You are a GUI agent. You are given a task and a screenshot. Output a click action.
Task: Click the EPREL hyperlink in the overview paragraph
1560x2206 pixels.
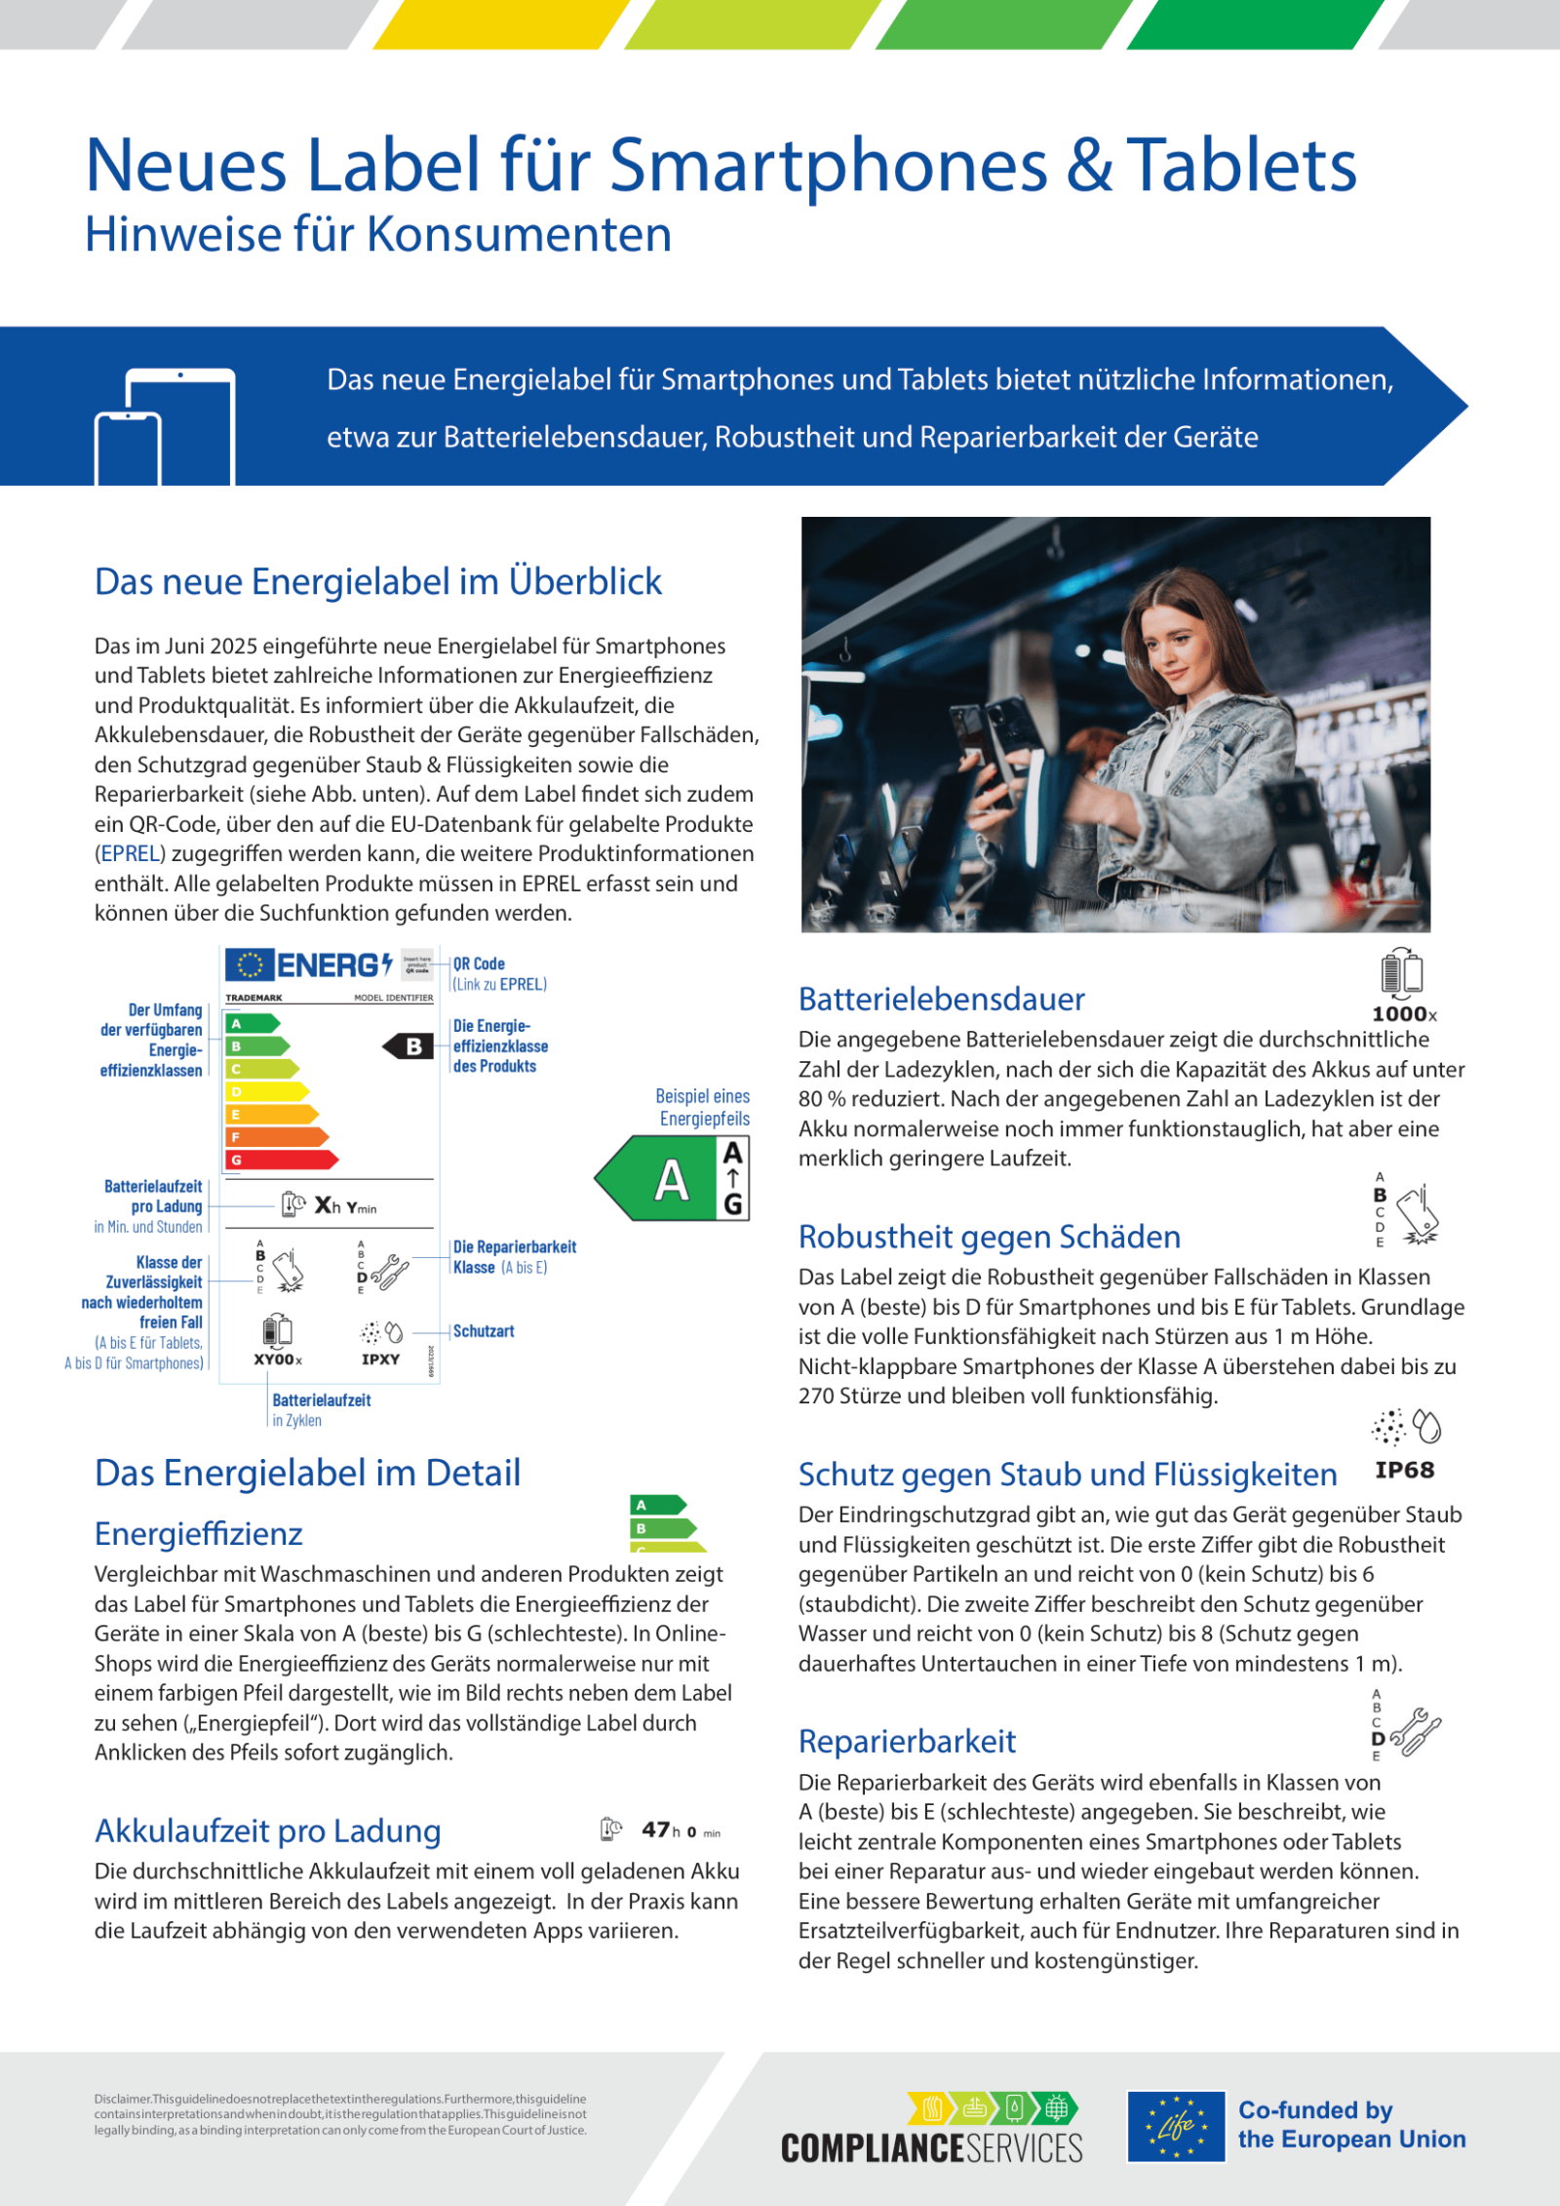(x=131, y=853)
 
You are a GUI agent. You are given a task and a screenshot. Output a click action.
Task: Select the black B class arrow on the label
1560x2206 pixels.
(x=409, y=1046)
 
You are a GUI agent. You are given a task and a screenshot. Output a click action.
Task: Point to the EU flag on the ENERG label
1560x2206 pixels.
(x=250, y=965)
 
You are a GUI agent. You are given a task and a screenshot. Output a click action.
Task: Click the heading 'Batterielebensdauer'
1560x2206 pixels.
(x=941, y=999)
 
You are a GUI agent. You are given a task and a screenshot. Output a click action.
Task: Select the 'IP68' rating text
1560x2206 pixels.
(x=1404, y=1470)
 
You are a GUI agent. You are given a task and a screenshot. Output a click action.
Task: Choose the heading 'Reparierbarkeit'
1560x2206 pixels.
(x=907, y=1741)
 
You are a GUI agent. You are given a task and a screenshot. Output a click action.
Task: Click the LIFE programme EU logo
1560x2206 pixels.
(x=1176, y=2126)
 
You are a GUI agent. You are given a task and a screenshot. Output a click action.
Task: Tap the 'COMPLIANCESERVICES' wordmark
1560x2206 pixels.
(x=931, y=2148)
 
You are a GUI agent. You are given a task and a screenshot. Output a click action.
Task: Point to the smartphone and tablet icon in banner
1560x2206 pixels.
(x=166, y=426)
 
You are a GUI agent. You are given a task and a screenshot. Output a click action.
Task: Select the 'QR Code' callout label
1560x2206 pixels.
(x=479, y=964)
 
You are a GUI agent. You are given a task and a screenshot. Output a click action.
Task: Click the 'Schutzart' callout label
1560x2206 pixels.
(x=484, y=1331)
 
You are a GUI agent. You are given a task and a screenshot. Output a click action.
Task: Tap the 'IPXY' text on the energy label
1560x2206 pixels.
(x=380, y=1359)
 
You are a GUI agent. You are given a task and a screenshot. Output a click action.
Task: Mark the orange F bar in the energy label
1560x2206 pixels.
(x=277, y=1137)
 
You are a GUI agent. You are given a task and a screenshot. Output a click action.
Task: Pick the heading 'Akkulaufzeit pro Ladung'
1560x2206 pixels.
(x=268, y=1831)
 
